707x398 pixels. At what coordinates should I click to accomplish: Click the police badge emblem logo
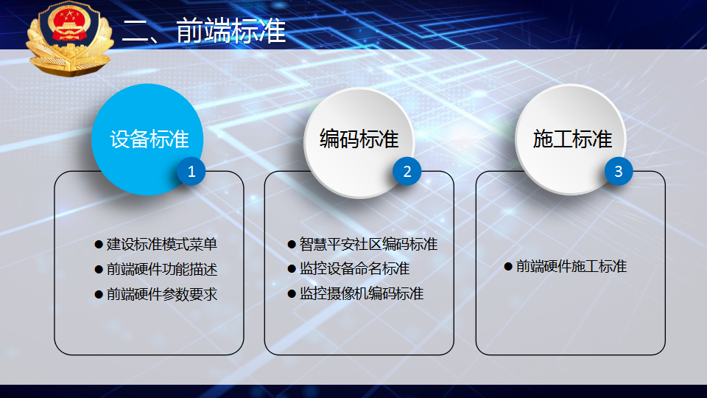(x=69, y=39)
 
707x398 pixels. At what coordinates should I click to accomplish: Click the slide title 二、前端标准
(x=204, y=31)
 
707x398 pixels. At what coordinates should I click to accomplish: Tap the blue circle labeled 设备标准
(x=147, y=139)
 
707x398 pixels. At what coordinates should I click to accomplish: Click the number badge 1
(x=191, y=172)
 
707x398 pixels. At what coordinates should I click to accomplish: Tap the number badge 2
(x=407, y=172)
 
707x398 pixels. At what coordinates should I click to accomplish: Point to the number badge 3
(x=619, y=172)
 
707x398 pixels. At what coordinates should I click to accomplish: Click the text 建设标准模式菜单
(x=162, y=244)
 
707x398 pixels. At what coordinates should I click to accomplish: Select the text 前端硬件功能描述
(x=162, y=270)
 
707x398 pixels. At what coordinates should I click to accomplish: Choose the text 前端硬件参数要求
(x=162, y=294)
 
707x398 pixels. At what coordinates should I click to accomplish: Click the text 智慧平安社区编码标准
(x=368, y=244)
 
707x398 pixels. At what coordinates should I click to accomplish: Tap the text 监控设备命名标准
(x=354, y=268)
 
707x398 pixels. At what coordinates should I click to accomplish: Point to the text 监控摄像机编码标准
(x=362, y=294)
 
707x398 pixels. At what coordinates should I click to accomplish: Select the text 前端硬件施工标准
(x=571, y=266)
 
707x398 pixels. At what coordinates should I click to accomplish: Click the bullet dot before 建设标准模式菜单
(x=99, y=245)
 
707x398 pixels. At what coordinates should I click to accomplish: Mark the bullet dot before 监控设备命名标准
(x=292, y=269)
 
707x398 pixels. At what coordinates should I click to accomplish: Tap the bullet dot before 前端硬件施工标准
(x=508, y=267)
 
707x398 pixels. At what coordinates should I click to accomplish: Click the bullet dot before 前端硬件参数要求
(x=99, y=295)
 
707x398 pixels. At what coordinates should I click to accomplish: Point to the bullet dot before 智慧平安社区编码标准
(x=292, y=245)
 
